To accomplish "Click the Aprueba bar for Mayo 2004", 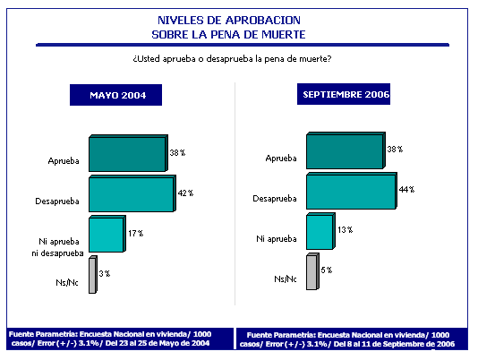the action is (128, 153).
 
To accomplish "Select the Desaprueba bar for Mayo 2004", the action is (132, 193).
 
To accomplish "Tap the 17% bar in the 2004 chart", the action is (107, 234).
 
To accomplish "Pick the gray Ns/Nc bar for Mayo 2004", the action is (93, 275).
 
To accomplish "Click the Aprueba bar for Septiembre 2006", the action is (346, 150).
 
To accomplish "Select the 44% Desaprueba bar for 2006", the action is (352, 191).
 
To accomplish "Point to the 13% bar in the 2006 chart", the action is (320, 231).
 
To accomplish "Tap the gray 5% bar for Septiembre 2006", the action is (312, 271).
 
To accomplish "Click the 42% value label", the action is (185, 193).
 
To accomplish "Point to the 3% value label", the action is (105, 274).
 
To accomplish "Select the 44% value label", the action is (406, 190).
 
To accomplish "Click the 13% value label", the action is (346, 230).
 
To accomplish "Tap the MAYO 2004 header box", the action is (115, 95).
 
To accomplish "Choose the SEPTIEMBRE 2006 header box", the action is (344, 94).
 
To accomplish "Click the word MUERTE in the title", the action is (284, 34).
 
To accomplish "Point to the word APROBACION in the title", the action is (263, 20).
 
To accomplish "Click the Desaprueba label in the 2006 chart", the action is (275, 199).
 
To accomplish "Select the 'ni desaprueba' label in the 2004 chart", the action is (57, 253).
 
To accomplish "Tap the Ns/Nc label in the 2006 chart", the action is (286, 279).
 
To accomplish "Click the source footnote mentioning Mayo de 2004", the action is (110, 339).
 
